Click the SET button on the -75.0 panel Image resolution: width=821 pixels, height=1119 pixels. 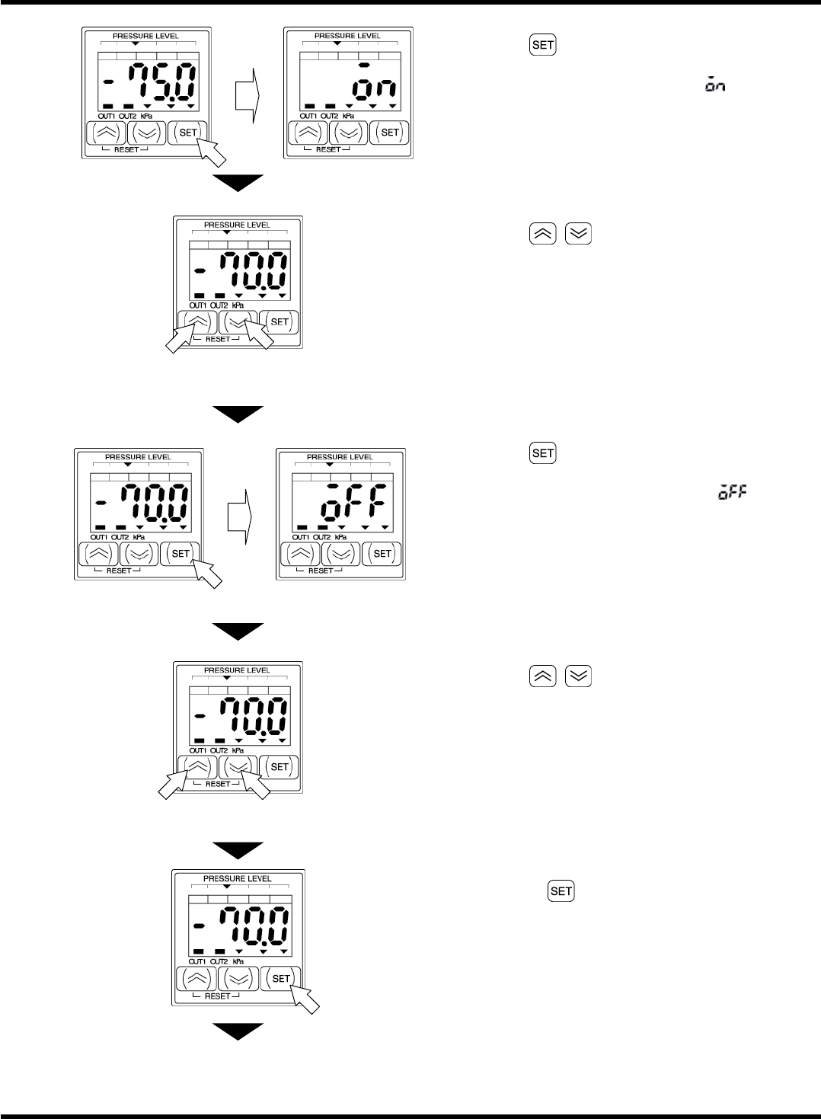point(187,133)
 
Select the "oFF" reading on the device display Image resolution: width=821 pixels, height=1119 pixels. point(353,503)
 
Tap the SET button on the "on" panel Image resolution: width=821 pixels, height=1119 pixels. point(390,133)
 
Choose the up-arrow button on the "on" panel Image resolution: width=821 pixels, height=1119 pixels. point(308,133)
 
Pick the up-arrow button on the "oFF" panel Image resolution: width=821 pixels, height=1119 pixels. point(300,554)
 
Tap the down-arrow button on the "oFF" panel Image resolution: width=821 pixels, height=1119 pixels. point(340,554)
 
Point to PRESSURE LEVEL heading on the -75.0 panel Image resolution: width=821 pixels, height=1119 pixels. point(145,36)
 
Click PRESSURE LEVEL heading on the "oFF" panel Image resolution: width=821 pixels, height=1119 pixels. point(340,457)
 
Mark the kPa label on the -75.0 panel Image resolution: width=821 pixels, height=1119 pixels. point(146,116)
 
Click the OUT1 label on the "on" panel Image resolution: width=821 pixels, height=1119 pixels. point(308,116)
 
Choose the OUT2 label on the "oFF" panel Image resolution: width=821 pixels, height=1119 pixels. point(322,537)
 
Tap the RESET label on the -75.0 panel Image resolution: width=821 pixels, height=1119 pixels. point(126,150)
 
